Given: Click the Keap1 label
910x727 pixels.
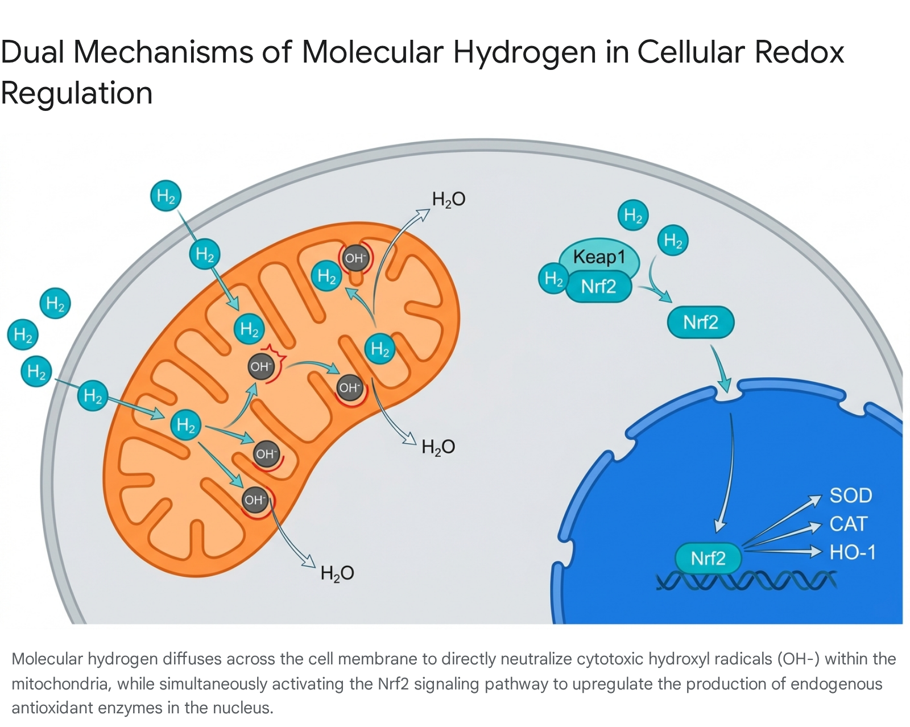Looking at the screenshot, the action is coord(599,257).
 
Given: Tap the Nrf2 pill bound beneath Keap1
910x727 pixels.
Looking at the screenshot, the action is coord(598,287).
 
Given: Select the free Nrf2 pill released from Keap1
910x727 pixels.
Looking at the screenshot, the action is coord(701,323).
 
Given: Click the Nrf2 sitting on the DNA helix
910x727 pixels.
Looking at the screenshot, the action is coord(708,558).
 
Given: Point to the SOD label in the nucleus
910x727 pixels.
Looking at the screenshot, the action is coord(851,495).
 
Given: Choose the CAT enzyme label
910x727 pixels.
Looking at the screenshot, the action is coord(849,523).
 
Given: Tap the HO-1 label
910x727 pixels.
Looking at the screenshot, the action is coord(853,552).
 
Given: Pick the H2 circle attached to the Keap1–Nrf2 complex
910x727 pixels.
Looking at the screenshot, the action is coord(553,278).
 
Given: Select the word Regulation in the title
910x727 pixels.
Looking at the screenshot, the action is coord(77,93).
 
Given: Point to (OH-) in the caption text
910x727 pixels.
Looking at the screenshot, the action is coord(799,659).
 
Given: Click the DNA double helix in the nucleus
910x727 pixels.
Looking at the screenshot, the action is coord(746,580).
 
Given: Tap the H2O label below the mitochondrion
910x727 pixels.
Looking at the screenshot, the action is coord(337,573).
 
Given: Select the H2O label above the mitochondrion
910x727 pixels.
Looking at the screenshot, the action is coord(449,199).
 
